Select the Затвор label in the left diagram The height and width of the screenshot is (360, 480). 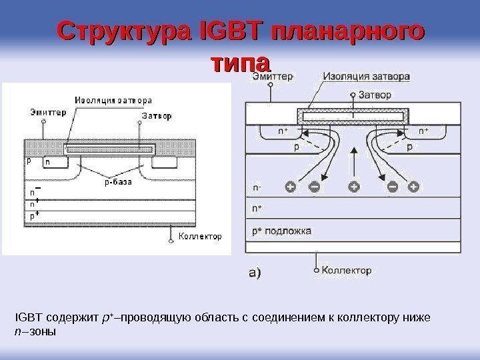pos(157,115)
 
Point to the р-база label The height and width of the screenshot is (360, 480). pos(117,180)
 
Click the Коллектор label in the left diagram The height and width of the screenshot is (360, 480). pos(201,236)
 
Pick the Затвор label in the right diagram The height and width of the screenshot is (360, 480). pos(376,95)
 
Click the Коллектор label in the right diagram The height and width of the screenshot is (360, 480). pos(346,271)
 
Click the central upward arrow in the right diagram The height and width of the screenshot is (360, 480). pos(353,161)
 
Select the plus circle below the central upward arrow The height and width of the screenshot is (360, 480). pos(353,187)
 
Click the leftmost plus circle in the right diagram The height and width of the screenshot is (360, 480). pos(289,187)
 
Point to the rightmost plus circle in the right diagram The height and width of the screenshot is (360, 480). pos(414,187)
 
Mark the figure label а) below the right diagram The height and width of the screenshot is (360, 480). pos(255,272)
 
